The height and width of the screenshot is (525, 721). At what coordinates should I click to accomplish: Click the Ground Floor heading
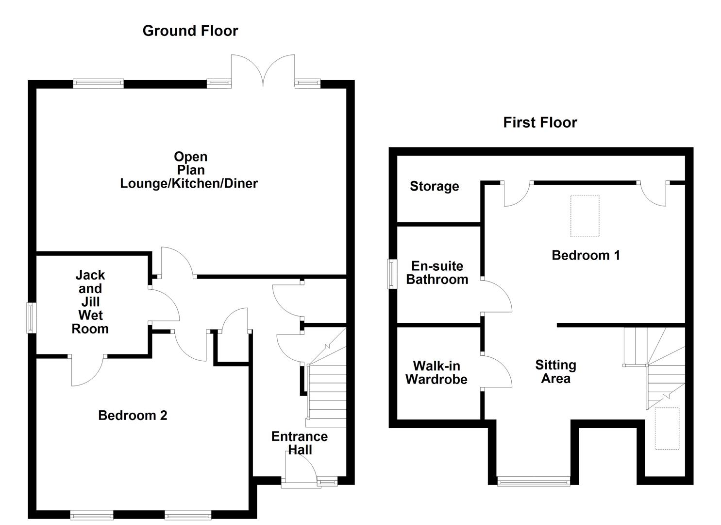click(x=190, y=31)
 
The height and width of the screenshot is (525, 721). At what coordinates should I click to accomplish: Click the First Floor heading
click(x=540, y=122)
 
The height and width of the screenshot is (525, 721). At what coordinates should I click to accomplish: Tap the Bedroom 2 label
click(x=133, y=416)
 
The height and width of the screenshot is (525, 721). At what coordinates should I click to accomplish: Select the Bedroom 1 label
click(x=586, y=255)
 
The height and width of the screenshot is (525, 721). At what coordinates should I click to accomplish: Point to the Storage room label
click(x=434, y=186)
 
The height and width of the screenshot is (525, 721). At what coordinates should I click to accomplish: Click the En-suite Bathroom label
click(x=437, y=273)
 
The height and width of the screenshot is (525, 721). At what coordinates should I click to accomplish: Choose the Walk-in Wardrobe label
click(x=436, y=373)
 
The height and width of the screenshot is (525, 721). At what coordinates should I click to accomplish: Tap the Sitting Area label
click(x=555, y=372)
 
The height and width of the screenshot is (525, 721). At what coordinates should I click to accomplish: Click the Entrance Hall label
click(x=299, y=443)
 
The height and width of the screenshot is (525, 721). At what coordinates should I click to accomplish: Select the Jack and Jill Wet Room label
click(x=90, y=302)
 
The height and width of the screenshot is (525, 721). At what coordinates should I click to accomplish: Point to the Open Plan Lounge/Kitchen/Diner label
click(x=189, y=170)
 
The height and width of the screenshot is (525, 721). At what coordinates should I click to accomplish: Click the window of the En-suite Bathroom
click(x=391, y=274)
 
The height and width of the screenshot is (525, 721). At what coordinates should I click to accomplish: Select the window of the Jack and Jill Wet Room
click(x=31, y=318)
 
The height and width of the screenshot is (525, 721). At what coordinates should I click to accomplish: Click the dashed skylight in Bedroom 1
click(x=585, y=216)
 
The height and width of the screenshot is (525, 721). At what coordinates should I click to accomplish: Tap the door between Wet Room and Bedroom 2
click(x=87, y=370)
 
